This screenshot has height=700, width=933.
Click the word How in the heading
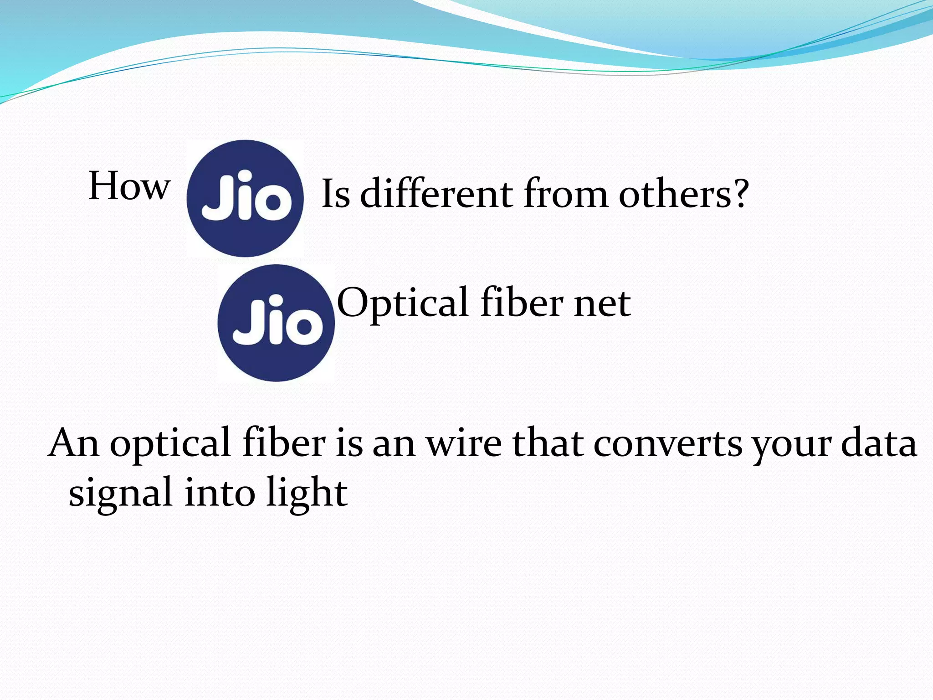coord(129,186)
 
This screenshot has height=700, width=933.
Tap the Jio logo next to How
coord(245,199)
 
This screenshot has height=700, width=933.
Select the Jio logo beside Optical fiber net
coord(276,323)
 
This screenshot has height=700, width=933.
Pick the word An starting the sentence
coord(73,443)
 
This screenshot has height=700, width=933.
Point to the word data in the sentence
coord(879,443)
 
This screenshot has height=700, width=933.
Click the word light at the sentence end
coord(307,494)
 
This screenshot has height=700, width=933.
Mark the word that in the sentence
coord(547,443)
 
